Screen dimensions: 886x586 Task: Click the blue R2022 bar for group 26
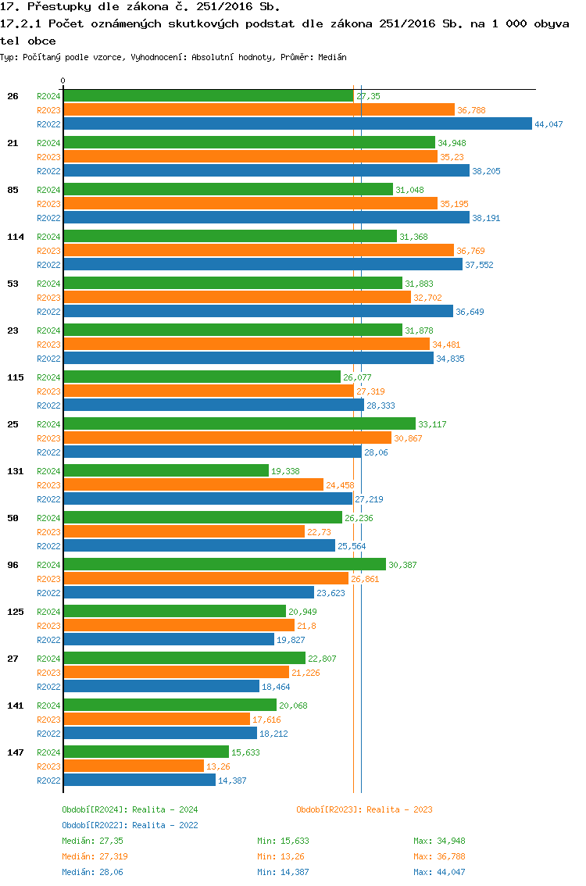(x=297, y=123)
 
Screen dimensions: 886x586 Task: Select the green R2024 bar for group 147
(x=145, y=752)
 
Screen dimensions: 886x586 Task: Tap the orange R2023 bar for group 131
(x=193, y=484)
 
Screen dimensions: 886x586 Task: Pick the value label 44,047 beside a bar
(x=548, y=124)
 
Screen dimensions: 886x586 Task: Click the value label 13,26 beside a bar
(x=219, y=766)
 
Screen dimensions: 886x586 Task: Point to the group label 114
(x=16, y=237)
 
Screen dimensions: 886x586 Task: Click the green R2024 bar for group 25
(x=239, y=423)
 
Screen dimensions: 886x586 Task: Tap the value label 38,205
(x=486, y=171)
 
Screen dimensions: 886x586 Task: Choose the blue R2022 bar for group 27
(x=161, y=686)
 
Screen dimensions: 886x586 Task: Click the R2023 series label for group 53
(x=48, y=298)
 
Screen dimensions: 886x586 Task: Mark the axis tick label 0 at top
(x=63, y=80)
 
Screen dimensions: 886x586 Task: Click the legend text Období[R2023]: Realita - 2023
(x=364, y=809)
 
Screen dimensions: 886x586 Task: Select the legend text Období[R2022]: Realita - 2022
(x=130, y=825)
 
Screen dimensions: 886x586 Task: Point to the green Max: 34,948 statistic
(x=439, y=841)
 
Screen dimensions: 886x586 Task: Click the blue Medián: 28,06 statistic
(x=92, y=872)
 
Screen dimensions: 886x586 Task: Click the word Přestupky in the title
(x=54, y=6)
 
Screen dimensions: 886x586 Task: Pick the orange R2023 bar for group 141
(x=156, y=719)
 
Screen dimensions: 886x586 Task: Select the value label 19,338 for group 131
(x=285, y=471)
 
